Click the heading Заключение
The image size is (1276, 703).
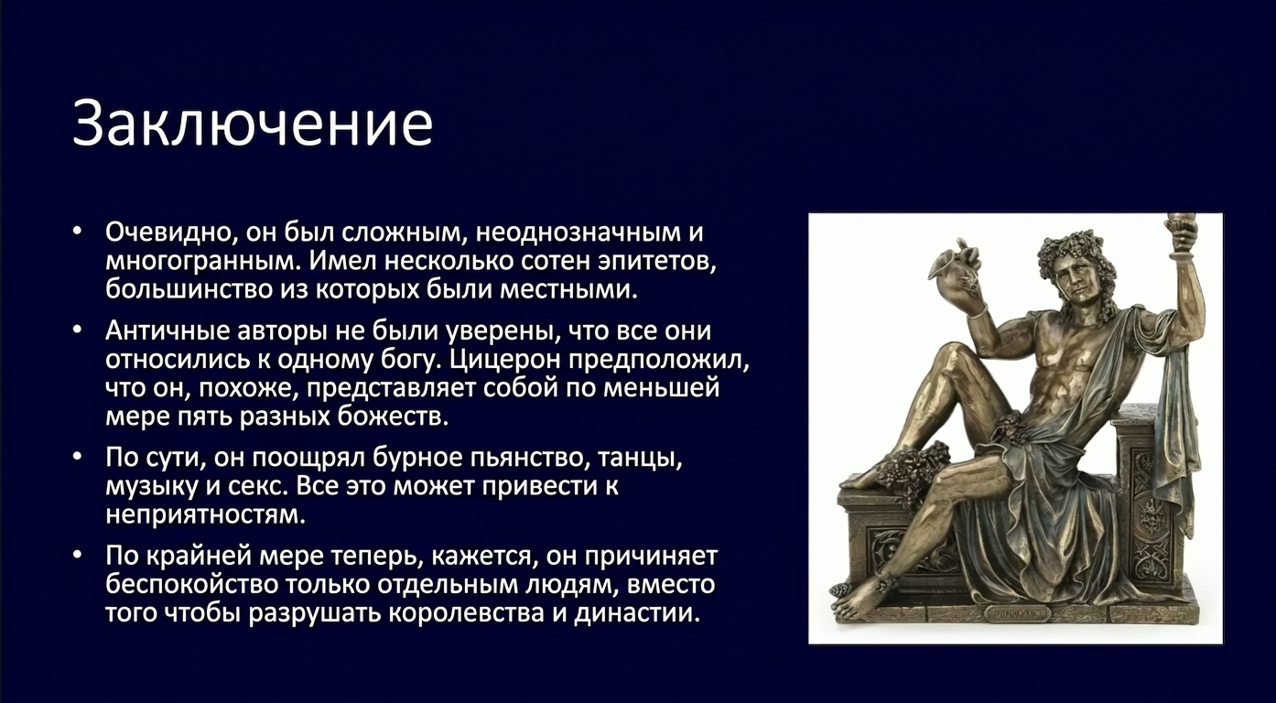(253, 124)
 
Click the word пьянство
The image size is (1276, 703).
(529, 458)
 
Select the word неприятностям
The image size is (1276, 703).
(206, 515)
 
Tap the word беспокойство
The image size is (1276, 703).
(190, 585)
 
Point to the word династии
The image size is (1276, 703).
(636, 614)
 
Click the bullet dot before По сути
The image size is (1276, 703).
(78, 458)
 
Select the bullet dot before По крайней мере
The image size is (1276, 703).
(78, 556)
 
